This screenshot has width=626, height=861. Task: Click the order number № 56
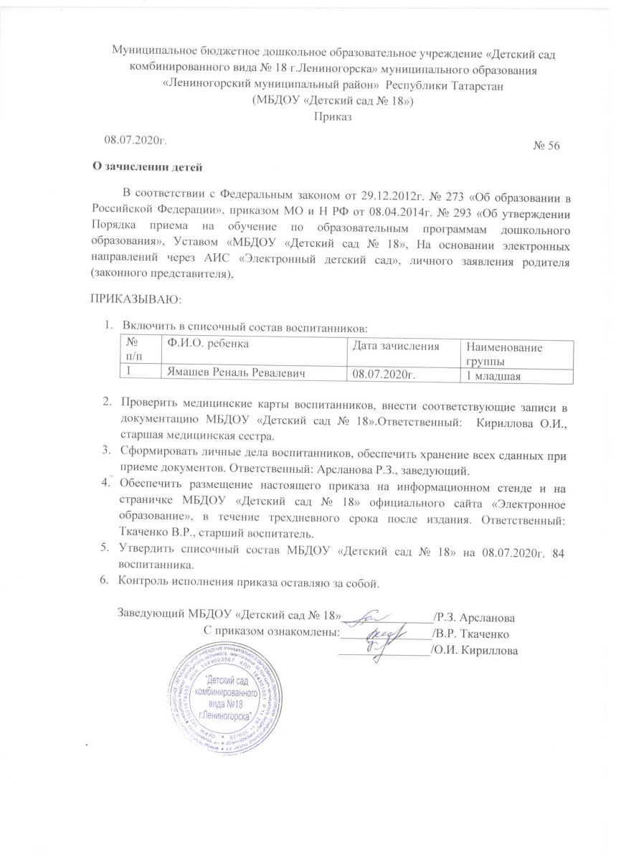coord(546,146)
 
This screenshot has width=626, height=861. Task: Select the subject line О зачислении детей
coord(150,169)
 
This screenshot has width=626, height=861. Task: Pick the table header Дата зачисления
coord(394,347)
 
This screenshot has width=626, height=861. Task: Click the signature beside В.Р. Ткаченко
coord(383,634)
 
